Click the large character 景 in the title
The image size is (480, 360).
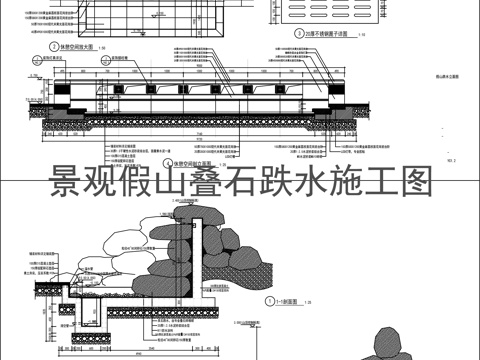point(71,183)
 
